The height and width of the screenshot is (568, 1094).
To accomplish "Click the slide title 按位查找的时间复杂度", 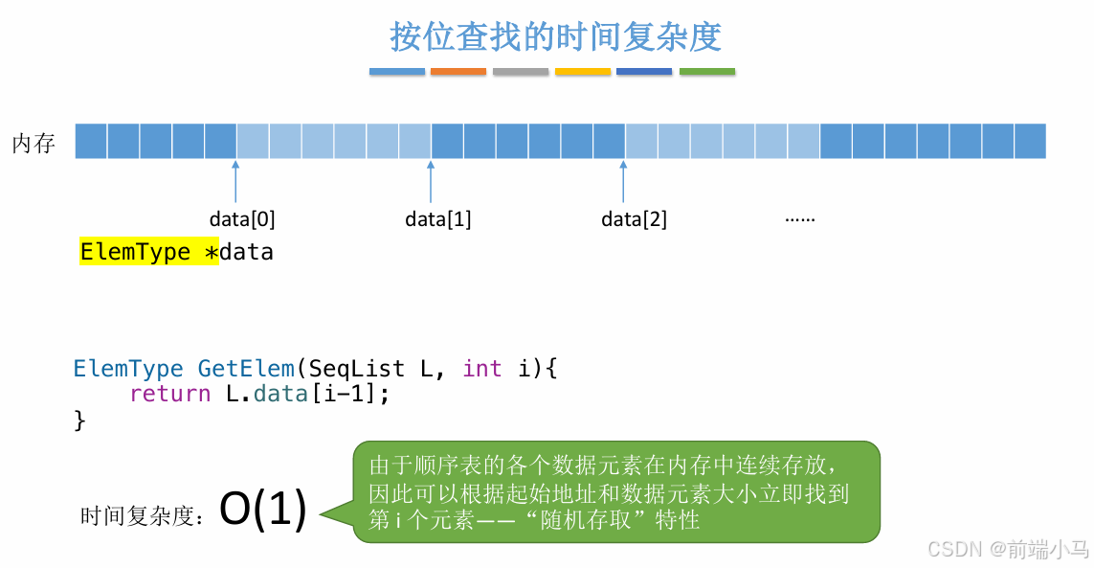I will pos(555,36).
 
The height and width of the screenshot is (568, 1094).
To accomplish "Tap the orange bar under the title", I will pos(458,71).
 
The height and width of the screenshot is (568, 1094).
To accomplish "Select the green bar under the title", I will pos(707,71).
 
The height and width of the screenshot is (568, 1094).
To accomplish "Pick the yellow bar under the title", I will pos(583,71).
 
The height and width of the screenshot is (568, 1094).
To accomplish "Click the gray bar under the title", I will pos(521,71).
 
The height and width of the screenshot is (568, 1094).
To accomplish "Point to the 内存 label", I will pos(33,144).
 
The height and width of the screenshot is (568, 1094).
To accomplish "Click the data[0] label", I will pos(242,219).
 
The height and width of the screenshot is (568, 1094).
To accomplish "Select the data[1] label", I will pos(438,219).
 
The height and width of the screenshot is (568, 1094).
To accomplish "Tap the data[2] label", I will pos(634,219).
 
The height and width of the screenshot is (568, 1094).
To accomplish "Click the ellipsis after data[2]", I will pos(799,219).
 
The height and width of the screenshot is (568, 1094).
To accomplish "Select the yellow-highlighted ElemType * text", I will pos(149,253).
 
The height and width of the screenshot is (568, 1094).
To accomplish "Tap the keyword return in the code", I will pos(169,394).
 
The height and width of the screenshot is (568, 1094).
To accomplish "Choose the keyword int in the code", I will pos(481,369).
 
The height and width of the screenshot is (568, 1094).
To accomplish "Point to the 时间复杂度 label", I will pos(142,517).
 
